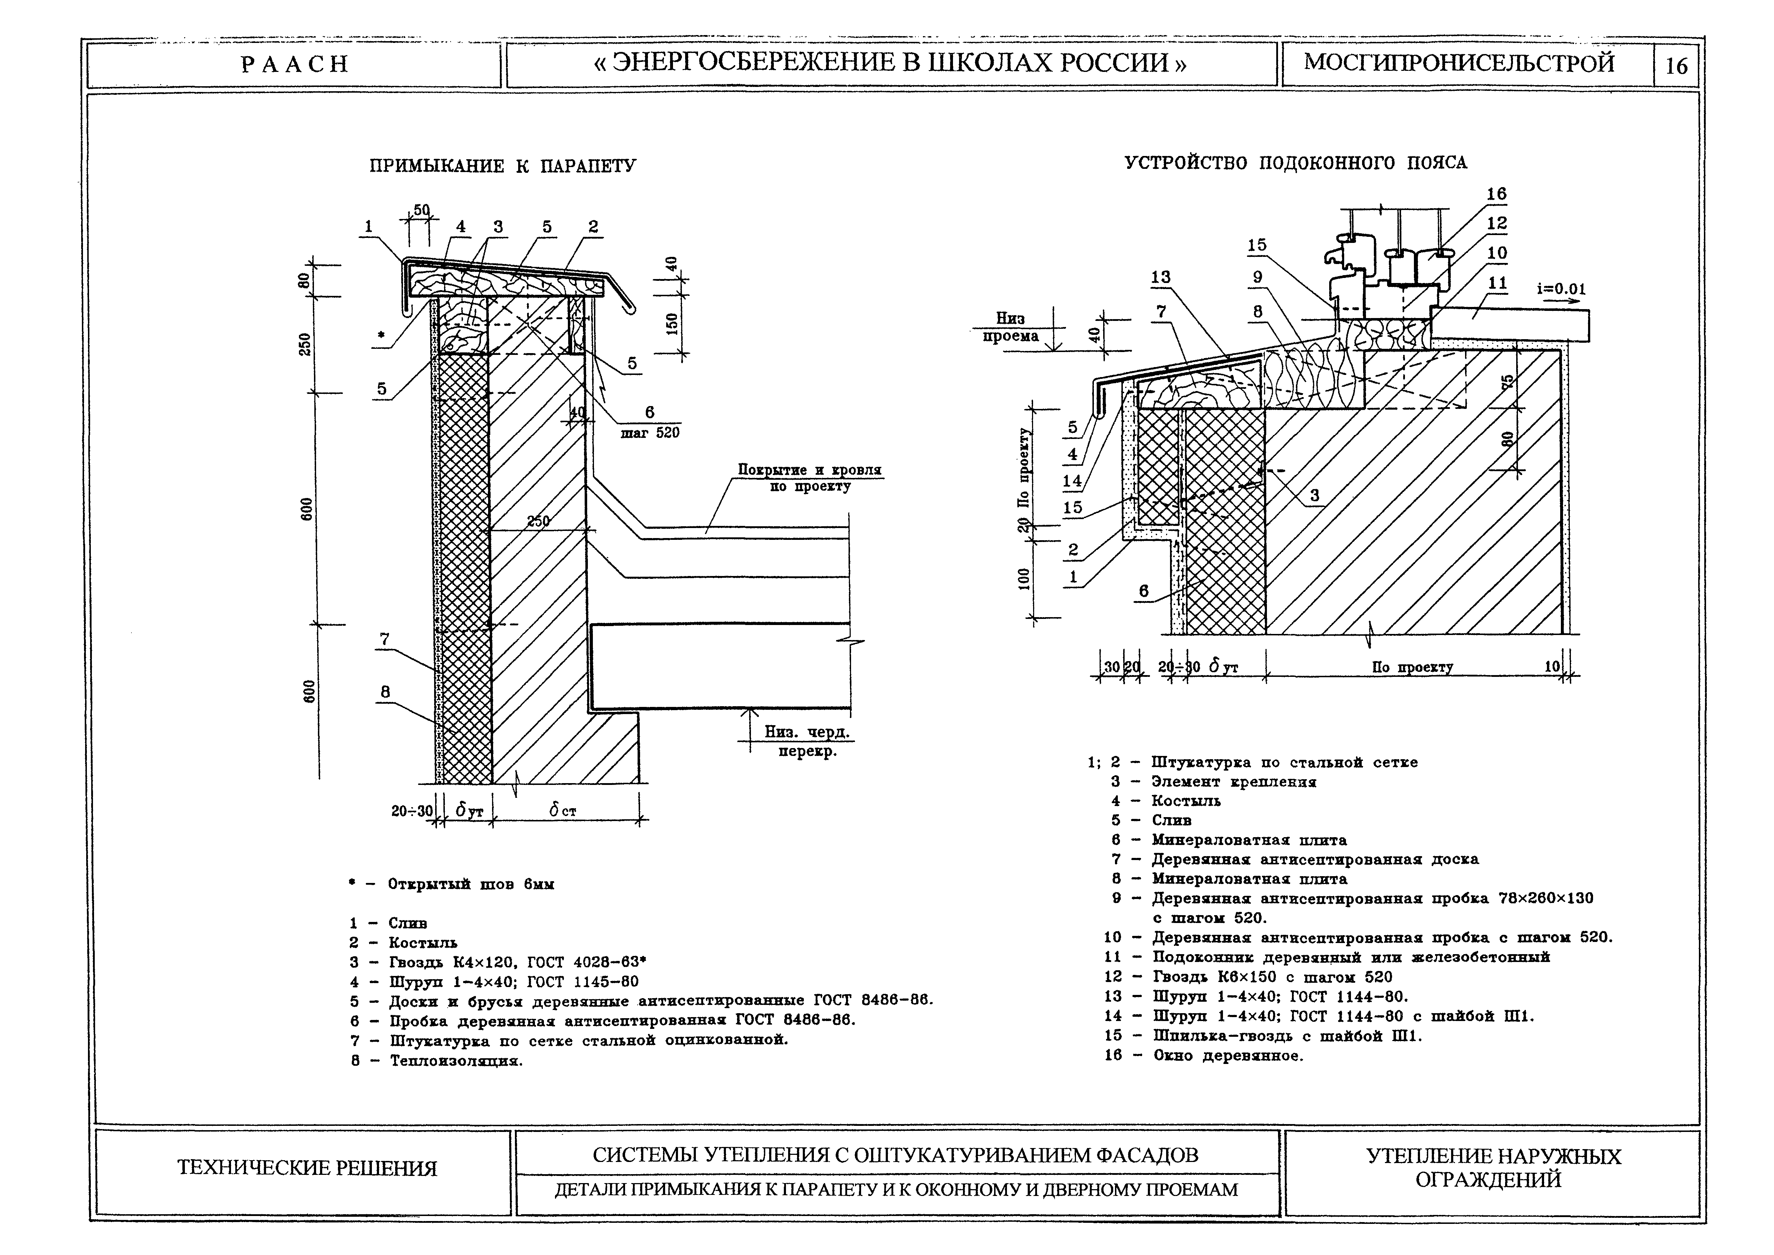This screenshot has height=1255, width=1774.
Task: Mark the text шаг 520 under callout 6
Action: coord(650,433)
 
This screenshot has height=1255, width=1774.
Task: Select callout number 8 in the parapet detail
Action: coord(385,692)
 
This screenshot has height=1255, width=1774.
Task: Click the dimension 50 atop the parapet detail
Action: coord(421,210)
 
